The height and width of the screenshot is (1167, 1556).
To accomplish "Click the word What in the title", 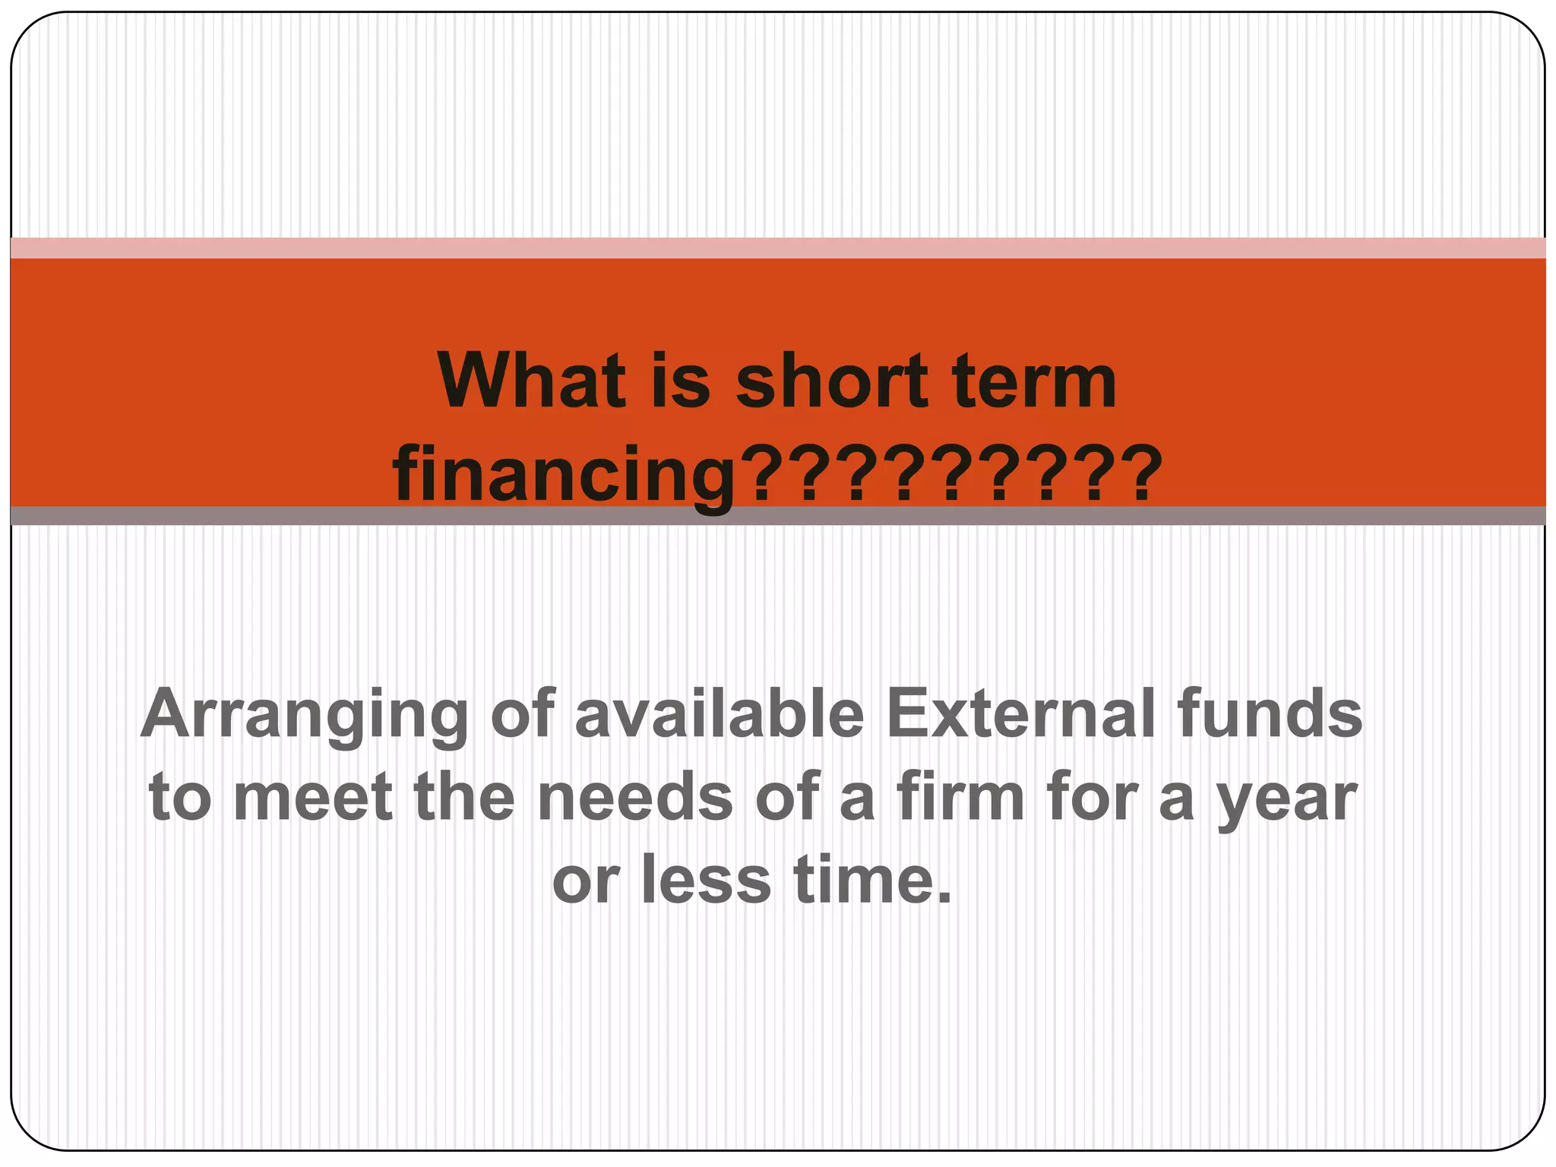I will click(x=532, y=381).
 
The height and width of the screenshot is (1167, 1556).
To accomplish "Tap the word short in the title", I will click(x=832, y=381).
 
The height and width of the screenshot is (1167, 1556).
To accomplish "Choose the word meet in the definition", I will click(x=312, y=798).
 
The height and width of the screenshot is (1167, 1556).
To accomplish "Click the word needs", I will click(x=635, y=798).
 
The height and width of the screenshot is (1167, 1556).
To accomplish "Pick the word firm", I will click(x=961, y=798).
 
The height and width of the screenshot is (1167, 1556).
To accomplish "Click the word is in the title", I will click(x=681, y=381).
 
